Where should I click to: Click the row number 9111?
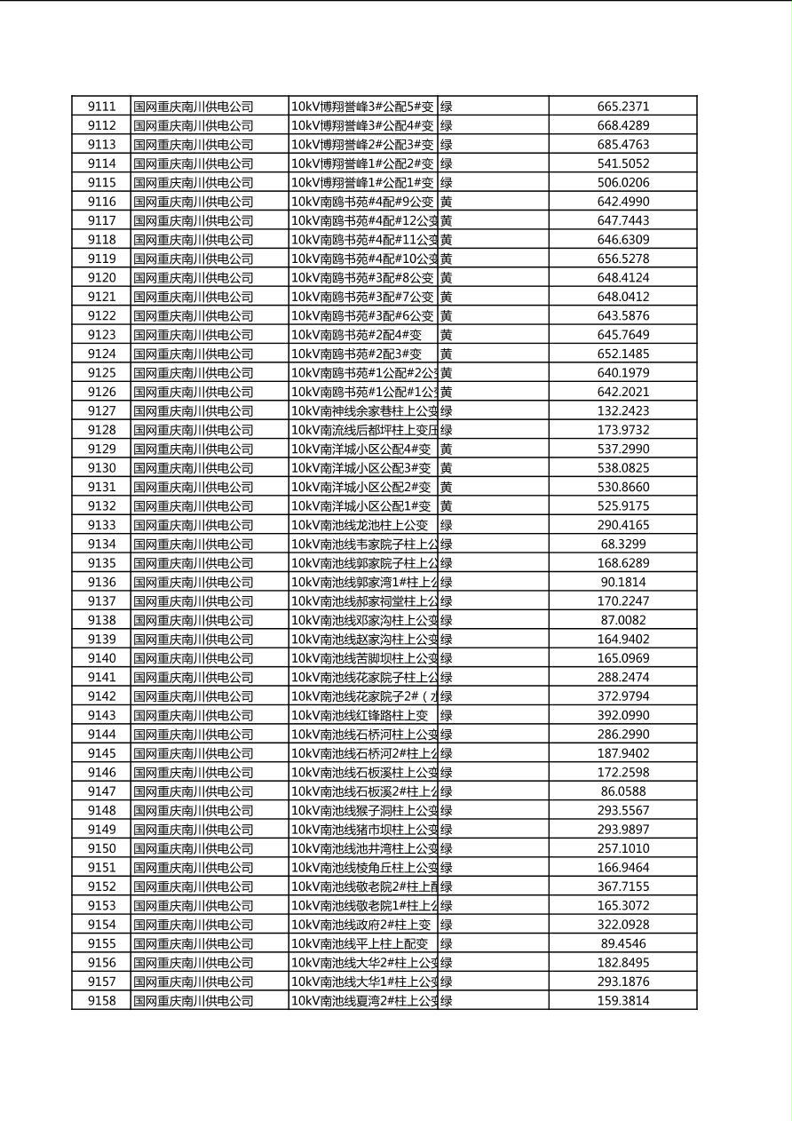pos(101,107)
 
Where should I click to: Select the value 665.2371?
pos(622,107)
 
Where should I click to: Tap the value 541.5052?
pos(622,163)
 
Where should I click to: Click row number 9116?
pos(101,202)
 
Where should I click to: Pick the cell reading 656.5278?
pos(622,258)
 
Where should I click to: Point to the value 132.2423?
pos(622,410)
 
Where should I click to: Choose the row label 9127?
pos(101,410)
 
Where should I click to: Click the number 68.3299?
pos(622,544)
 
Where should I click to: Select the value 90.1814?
pos(622,582)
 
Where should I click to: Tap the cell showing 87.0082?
pos(622,620)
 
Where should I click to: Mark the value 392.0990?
pos(622,715)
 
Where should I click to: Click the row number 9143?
pos(101,715)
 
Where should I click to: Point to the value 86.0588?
pos(622,791)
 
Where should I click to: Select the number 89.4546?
pos(622,943)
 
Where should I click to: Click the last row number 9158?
pos(101,1000)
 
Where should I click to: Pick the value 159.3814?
pos(622,1000)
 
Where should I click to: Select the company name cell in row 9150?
pos(194,848)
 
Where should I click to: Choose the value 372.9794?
pos(622,696)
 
